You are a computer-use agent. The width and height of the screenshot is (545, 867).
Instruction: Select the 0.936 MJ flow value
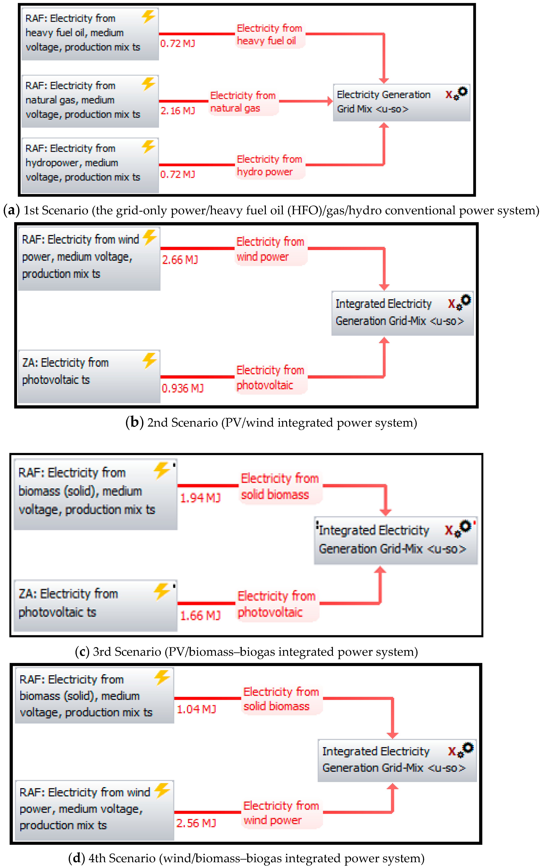[x=182, y=388]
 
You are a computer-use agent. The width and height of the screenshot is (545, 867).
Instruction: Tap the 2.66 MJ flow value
[x=180, y=260]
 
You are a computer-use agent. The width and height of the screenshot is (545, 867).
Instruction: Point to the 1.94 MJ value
[x=200, y=498]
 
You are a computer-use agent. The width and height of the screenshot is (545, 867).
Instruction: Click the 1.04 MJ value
[x=196, y=709]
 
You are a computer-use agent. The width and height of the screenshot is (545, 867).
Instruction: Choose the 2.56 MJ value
[x=196, y=823]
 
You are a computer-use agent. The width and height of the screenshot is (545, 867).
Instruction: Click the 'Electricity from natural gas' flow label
[x=243, y=102]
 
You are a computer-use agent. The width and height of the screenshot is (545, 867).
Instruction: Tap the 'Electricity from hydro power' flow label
[x=269, y=165]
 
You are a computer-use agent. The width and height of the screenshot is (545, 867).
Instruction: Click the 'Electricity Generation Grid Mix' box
[x=401, y=102]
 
